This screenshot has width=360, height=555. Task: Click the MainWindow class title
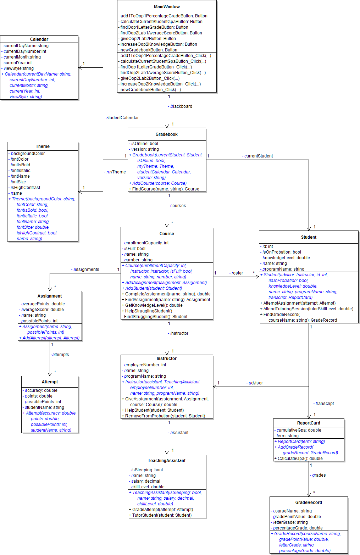167,7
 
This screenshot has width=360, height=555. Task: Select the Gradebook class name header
167,134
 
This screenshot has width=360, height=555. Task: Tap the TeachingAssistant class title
167,461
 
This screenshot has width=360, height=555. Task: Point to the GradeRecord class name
309,503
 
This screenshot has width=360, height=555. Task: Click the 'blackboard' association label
181,106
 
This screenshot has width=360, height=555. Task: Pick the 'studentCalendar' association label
122,118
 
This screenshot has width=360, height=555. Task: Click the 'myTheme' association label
116,172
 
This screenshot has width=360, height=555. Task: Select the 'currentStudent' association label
258,156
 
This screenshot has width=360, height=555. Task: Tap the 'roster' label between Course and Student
237,273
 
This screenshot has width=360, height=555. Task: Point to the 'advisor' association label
255,383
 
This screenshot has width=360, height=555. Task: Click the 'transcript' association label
324,404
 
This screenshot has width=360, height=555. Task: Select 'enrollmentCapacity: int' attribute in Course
146,243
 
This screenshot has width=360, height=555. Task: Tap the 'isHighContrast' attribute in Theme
25,188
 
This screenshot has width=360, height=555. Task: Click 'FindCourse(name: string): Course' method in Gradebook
165,189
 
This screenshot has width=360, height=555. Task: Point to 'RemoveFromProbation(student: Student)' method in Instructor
165,416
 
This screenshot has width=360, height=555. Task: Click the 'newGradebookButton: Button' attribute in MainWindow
149,50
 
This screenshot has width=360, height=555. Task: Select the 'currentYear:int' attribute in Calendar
17,63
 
